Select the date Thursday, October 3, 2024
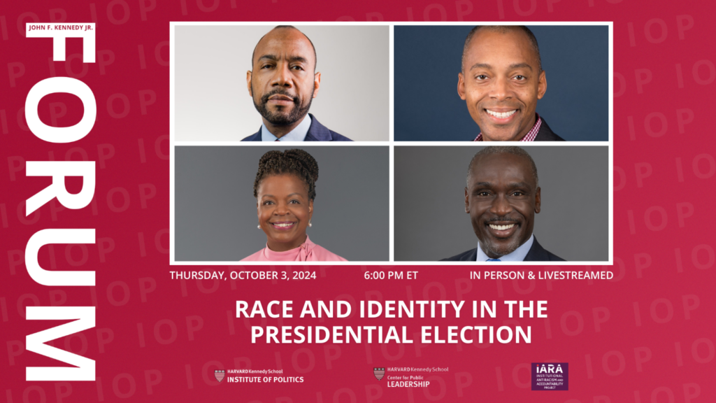243,276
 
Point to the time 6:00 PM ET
391,276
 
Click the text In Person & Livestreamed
541,276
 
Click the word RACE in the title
262,309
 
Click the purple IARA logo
550,376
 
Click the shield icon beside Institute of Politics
220,376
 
